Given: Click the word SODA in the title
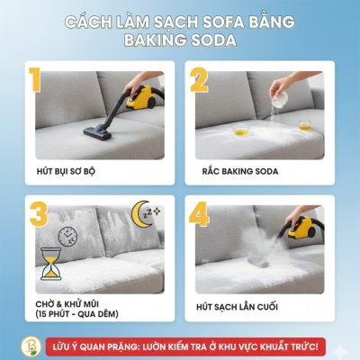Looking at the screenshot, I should click(x=210, y=40).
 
